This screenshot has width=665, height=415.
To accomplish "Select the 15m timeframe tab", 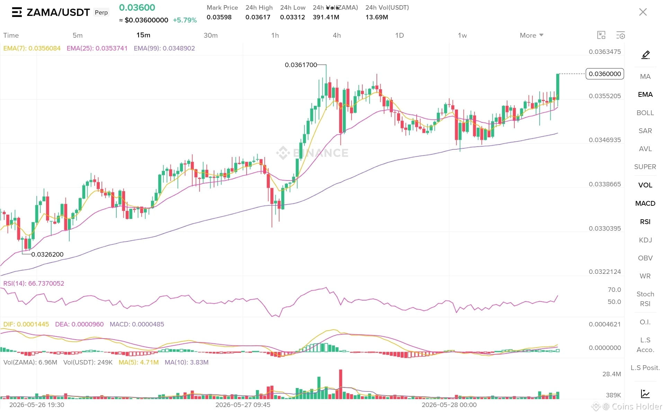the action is tap(143, 35).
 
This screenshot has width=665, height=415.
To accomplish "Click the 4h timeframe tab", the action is tap(337, 35).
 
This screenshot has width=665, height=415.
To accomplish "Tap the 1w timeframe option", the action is tap(462, 35).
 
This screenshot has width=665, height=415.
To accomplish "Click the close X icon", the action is tap(643, 12).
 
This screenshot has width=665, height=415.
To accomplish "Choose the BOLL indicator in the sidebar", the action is tap(645, 113).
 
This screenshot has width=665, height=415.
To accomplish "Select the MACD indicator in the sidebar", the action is tap(645, 203).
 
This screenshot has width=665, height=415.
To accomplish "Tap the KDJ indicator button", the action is tap(645, 240).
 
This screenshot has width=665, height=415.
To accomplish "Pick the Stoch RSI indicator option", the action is tap(645, 299).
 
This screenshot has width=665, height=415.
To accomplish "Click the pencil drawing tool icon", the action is tap(646, 55).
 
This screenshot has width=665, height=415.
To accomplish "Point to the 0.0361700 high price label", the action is tap(301, 65).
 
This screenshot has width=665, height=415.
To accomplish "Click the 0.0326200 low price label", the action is tap(47, 254).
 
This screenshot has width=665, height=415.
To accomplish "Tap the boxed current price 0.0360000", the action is tap(605, 74).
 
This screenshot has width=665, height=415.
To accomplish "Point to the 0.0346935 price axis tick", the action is tap(605, 140).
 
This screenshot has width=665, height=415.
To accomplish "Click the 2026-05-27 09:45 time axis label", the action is tap(243, 405).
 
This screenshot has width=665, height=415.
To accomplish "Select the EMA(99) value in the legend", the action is tap(164, 48).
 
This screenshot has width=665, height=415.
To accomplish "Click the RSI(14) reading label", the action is tap(34, 284).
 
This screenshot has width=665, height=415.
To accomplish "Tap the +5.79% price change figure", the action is tap(185, 20).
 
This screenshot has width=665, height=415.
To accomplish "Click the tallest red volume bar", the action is tap(341, 384).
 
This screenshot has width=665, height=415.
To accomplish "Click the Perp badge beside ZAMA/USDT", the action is tap(101, 12).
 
